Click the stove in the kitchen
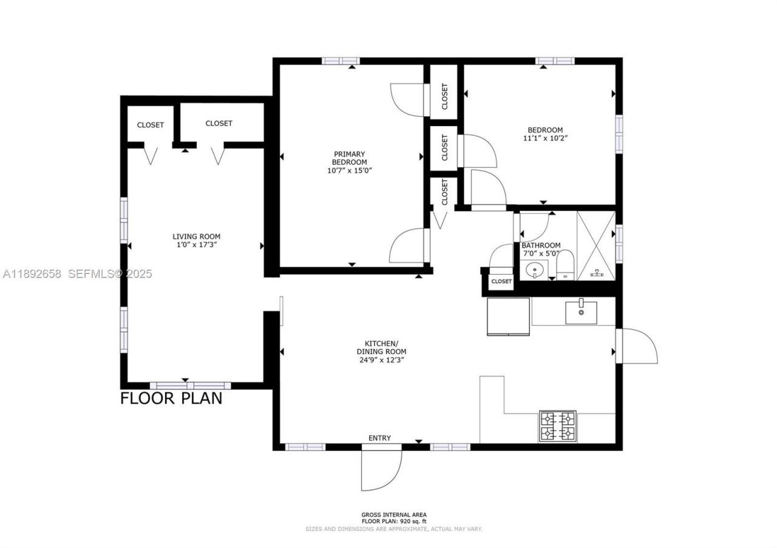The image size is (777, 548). pos(558,426)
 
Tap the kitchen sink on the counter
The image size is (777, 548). pos(581,313)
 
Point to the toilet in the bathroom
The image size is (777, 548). pos(565,266)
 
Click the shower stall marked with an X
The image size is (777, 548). pos(595,246)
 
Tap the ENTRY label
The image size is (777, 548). pos(380,438)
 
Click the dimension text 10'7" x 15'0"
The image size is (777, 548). pos(349,171)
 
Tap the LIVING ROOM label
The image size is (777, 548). pos(196,236)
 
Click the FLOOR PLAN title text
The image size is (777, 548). pos(171,398)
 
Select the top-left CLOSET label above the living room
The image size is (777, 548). pos(150,125)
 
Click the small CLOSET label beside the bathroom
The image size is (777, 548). pos(501,281)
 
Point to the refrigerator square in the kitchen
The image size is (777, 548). pos(508,316)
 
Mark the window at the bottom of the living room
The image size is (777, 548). pos(190,386)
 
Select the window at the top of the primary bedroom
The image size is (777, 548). pos(341,61)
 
